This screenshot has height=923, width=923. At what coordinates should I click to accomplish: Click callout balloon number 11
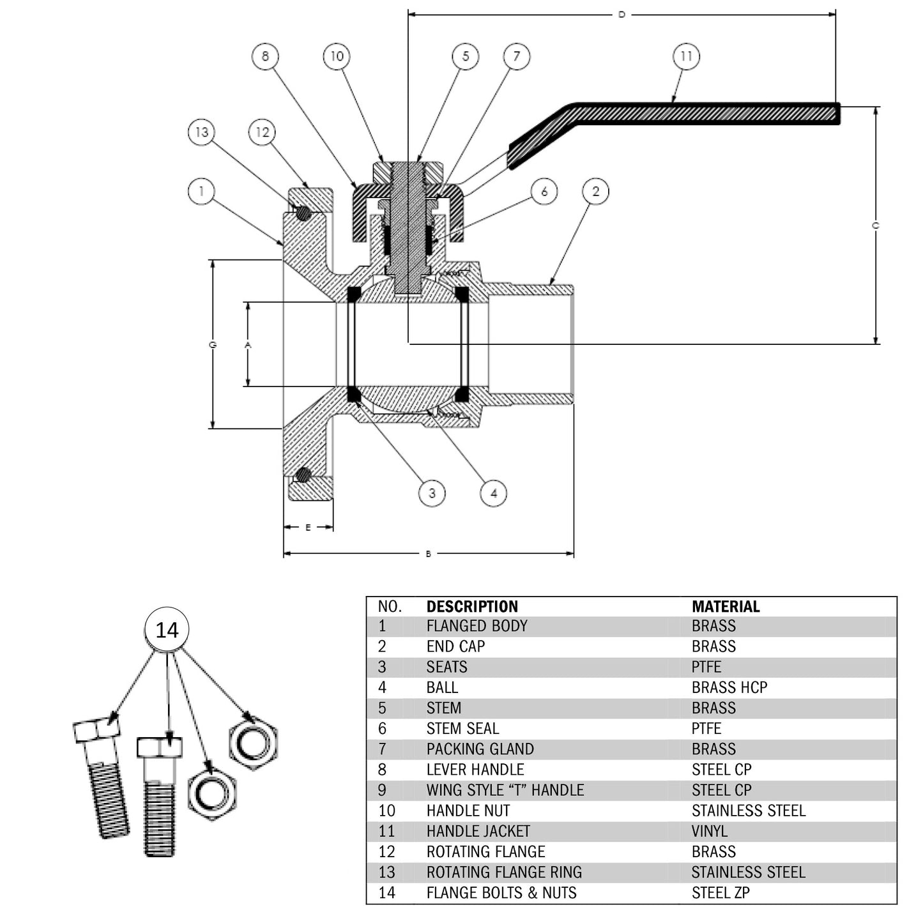point(686,56)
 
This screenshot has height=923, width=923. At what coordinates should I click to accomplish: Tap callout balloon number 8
point(265,56)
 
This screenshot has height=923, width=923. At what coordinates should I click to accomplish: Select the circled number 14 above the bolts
point(167,630)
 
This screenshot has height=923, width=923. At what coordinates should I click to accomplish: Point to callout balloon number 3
point(432,493)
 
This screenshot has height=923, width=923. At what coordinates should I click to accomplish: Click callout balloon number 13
point(202,132)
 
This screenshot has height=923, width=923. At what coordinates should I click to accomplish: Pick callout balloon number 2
point(595,191)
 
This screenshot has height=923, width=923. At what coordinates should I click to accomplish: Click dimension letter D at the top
point(622,14)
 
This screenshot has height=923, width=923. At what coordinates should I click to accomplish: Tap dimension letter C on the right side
point(876,225)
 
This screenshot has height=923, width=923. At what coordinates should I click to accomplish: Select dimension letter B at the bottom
point(428,554)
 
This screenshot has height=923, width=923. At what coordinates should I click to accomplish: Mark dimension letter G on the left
point(213,345)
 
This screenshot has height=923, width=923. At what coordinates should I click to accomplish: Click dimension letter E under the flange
point(308,528)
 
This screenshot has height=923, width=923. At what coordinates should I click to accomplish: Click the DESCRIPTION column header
point(472,606)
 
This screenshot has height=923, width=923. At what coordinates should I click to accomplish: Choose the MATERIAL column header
point(726,606)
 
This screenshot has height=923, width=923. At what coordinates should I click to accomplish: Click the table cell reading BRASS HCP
point(729,687)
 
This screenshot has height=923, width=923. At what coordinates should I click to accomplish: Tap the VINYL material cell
point(709,831)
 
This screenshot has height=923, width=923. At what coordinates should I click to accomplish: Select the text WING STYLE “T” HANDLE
point(505,790)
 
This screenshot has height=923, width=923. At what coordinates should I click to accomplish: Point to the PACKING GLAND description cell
point(480,749)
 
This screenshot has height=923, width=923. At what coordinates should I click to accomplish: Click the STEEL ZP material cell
point(720,892)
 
